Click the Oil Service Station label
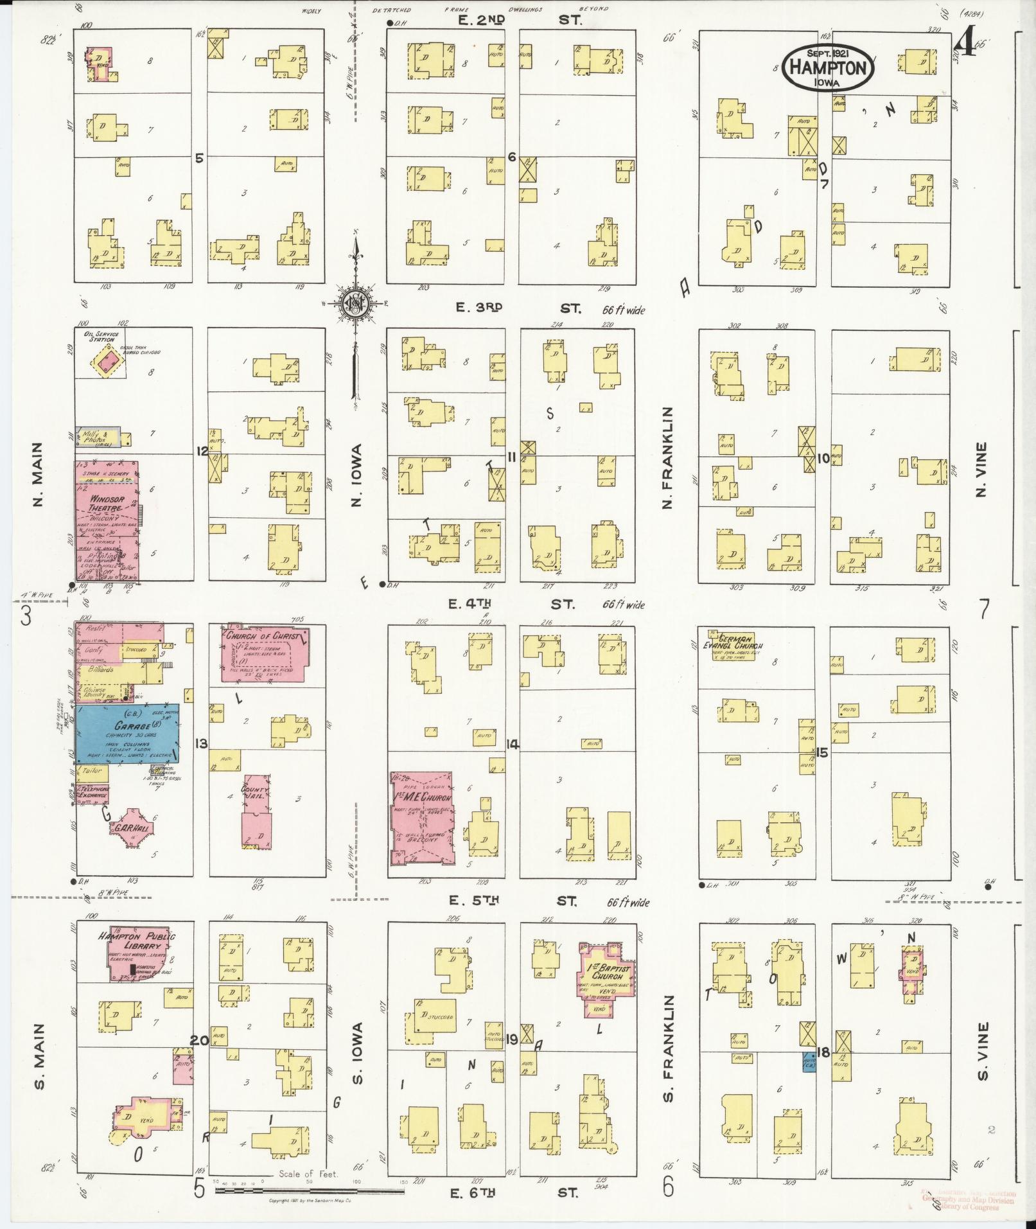click(98, 336)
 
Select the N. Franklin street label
click(667, 457)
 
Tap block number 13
click(201, 743)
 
